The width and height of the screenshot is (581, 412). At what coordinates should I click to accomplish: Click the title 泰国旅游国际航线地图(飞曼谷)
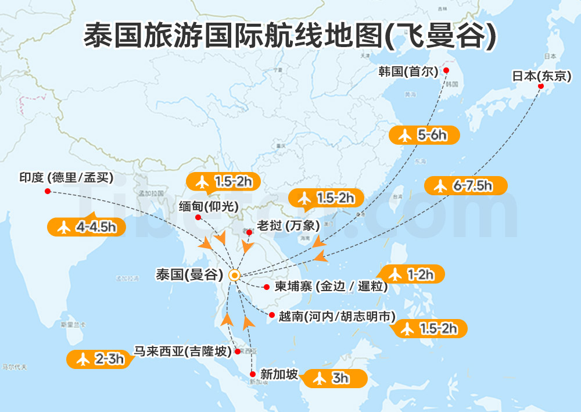[290, 35]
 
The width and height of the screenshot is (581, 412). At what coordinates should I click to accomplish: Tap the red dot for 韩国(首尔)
[446, 70]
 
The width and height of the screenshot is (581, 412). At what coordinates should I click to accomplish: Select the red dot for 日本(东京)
[540, 87]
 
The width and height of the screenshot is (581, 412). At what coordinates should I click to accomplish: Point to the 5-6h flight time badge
[424, 135]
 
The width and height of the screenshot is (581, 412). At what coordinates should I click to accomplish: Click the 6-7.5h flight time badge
[465, 186]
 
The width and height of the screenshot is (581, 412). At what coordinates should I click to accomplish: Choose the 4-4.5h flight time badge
[87, 227]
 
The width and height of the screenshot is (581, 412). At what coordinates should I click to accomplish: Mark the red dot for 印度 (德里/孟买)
[48, 191]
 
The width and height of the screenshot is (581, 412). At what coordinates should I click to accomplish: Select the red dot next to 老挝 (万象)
[249, 232]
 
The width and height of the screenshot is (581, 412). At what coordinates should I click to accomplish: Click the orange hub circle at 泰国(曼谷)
[234, 275]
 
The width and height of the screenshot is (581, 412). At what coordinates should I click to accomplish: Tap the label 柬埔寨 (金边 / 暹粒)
[331, 286]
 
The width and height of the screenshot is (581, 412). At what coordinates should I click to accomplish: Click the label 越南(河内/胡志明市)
[337, 317]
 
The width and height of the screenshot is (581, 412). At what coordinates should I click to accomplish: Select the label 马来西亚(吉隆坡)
[182, 352]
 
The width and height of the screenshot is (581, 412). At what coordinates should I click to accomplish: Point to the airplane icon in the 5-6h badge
[405, 135]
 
